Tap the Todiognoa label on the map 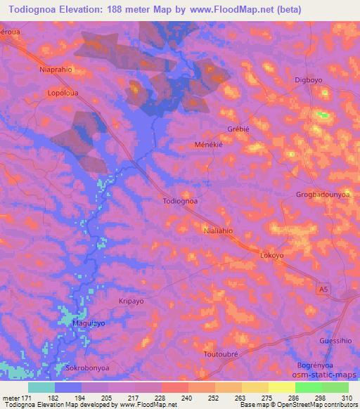point(180,200)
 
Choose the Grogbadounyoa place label point(323,195)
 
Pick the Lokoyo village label point(273,257)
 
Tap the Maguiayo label point(89,323)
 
